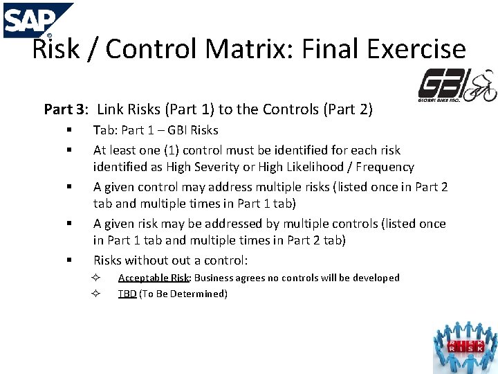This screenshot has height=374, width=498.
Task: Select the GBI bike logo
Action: (457, 87)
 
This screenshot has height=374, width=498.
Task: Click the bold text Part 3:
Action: (66, 109)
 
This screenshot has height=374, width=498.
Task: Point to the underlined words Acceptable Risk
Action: (154, 278)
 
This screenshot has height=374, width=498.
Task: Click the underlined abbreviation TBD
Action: (127, 294)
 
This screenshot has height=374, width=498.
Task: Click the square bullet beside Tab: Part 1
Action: (70, 130)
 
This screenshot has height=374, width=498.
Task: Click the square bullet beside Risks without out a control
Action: (70, 260)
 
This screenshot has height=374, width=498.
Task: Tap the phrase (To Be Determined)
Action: (183, 294)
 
